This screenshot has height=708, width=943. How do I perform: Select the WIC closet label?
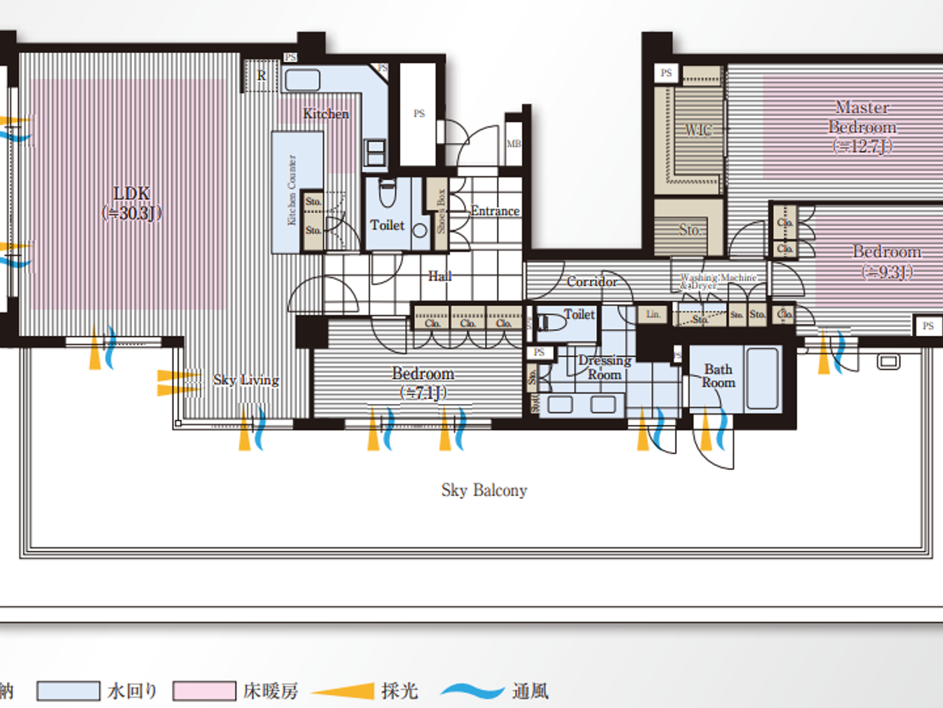698,129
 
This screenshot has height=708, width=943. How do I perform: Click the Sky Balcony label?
484,490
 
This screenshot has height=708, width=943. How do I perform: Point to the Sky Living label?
246,380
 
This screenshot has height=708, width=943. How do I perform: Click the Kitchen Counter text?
292,190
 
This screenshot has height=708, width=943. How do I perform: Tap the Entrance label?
495,211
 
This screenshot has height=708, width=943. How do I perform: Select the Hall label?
439,276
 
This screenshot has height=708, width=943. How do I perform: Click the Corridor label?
591,281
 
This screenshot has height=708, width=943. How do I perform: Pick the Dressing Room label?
604,367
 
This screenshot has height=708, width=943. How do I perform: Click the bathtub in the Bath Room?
762,378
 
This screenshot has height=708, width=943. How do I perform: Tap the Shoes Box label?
441,211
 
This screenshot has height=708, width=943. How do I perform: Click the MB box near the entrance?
513,144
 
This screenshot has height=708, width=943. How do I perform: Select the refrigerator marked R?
261,76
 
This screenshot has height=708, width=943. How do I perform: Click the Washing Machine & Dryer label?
718,281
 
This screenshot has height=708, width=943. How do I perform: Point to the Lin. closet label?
653,314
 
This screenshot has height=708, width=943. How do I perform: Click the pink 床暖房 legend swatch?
204,691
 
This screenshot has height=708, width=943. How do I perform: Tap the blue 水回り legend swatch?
68,691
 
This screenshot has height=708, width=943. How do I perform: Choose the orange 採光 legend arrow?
344,691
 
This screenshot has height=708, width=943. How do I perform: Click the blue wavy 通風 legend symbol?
472,691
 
